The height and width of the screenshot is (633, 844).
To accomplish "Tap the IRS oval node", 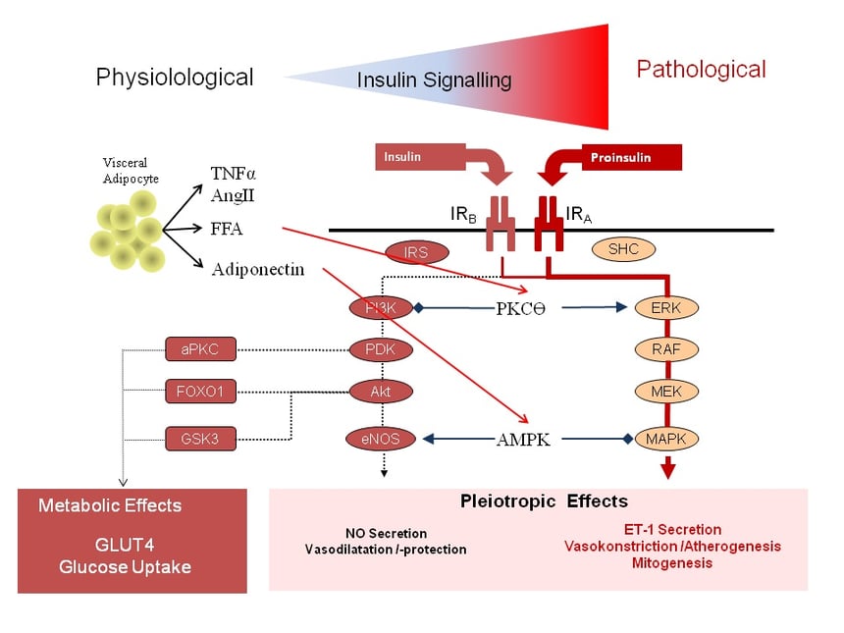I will coord(416,253).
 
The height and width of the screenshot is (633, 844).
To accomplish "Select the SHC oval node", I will coord(623,249).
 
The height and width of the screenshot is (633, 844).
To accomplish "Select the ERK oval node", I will coord(667,307).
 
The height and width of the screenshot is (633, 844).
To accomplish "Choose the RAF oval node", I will coord(667,348).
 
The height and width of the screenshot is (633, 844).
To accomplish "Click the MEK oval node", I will coord(667,392).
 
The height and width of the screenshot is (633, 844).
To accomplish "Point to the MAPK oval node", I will coord(667,438).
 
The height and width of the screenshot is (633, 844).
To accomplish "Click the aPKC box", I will coord(200,348).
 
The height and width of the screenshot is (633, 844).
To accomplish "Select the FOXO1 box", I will coord(200,392).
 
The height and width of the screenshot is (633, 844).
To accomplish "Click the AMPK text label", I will coord(523,440).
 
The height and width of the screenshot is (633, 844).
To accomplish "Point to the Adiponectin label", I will coord(258,268).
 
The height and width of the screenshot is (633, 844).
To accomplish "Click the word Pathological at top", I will coord(701,70).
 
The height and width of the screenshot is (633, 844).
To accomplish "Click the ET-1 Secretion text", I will coord(671,530).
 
